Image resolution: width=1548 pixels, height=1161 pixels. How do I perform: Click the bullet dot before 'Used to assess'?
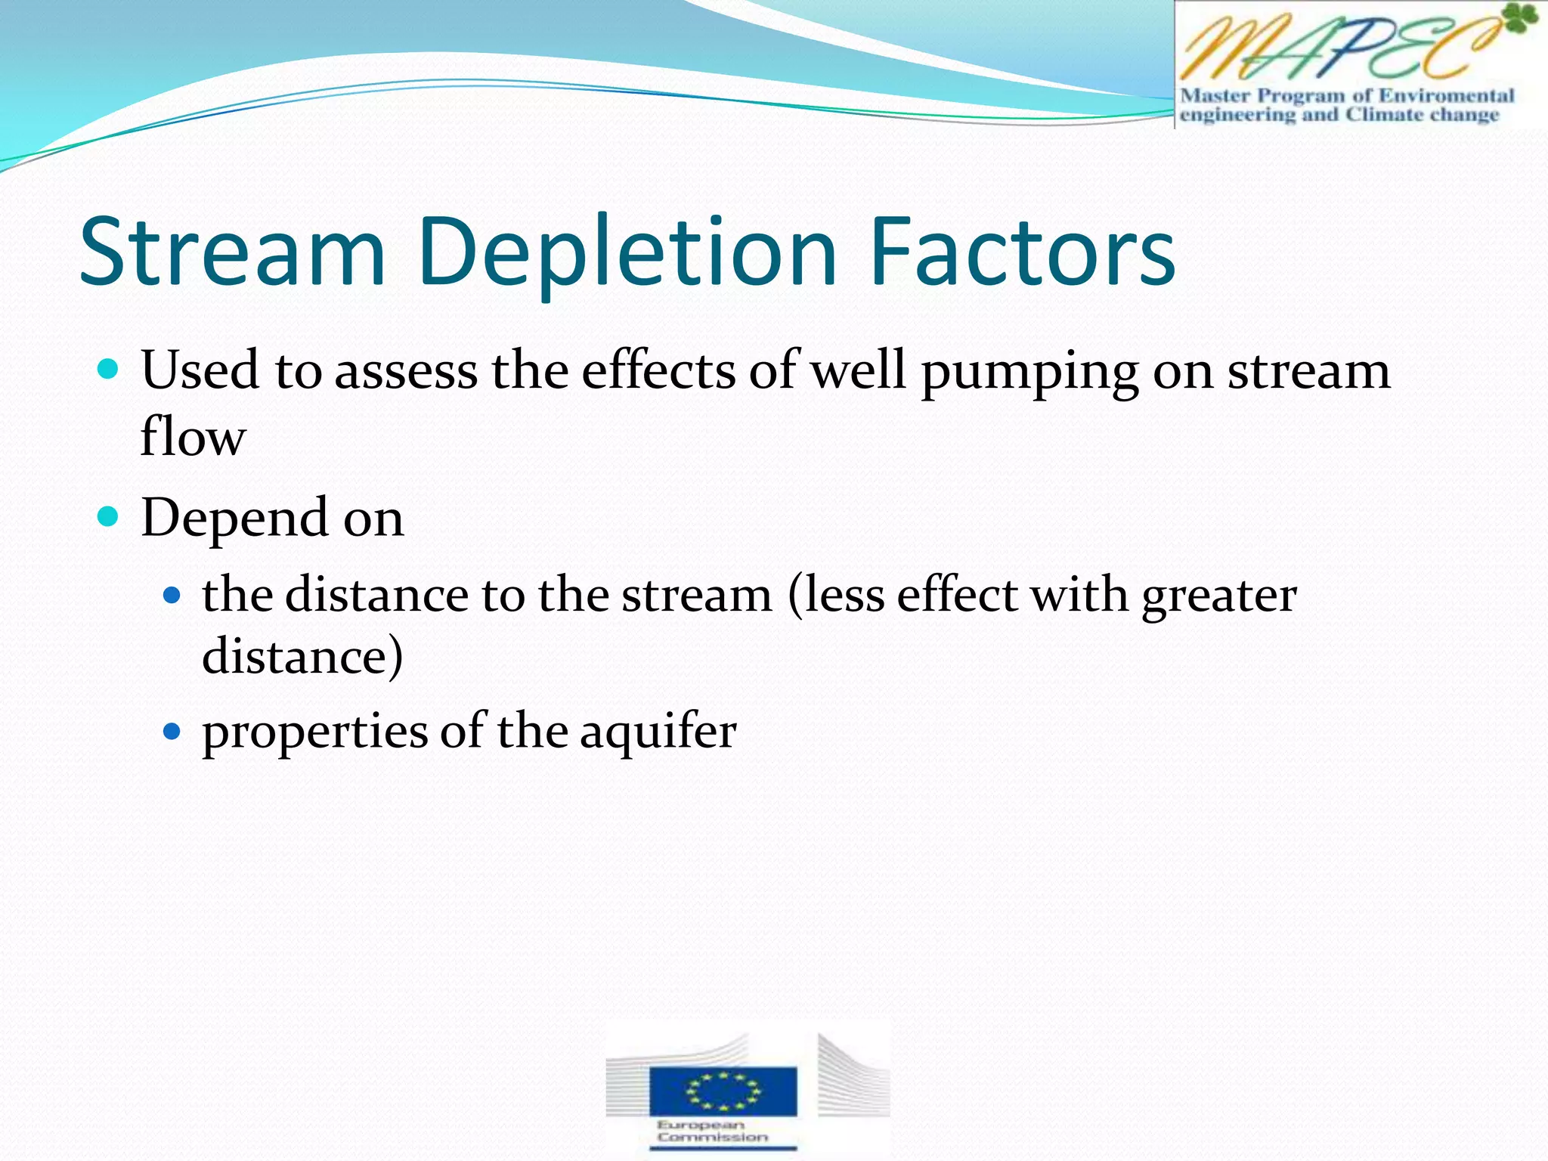(109, 370)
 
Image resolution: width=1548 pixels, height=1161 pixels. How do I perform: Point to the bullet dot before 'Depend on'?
(109, 517)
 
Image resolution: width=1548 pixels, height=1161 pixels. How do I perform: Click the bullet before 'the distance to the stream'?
(172, 595)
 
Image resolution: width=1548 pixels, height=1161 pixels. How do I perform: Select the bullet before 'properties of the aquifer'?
(172, 731)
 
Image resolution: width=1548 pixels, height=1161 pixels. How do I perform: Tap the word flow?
(193, 437)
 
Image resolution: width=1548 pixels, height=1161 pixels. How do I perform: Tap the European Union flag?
(723, 1090)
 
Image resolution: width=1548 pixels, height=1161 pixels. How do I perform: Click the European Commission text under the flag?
(712, 1131)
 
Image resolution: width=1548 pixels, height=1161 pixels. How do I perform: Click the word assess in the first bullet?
(406, 372)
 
